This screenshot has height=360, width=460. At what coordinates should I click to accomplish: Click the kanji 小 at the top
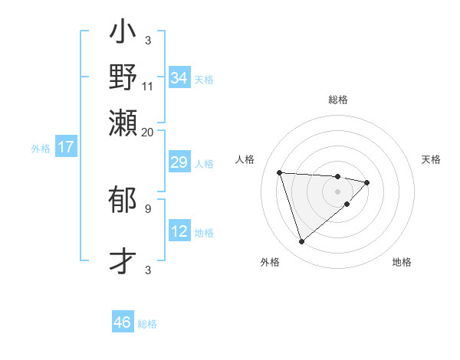tap(123, 34)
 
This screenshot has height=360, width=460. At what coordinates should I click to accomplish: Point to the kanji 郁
tap(123, 201)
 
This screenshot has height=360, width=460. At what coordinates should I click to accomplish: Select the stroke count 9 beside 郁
tap(147, 208)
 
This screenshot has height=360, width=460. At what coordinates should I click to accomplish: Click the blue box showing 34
tap(179, 78)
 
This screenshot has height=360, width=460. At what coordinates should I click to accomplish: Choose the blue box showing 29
tap(179, 163)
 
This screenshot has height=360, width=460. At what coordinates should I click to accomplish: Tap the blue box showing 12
tap(179, 231)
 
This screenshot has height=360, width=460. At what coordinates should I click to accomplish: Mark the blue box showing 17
tap(65, 148)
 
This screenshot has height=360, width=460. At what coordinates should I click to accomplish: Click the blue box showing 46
tap(123, 322)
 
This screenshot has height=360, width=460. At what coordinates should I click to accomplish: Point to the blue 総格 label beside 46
tap(147, 324)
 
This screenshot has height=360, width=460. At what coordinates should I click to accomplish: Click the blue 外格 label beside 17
tap(41, 149)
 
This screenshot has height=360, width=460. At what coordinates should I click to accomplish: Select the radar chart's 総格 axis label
tap(337, 100)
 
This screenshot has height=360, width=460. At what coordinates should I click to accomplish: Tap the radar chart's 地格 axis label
tap(402, 262)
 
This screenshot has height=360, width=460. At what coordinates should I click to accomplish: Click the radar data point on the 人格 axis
tap(280, 172)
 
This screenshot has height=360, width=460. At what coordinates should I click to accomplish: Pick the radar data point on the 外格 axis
tap(301, 242)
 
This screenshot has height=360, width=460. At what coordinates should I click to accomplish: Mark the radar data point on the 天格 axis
tap(367, 182)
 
